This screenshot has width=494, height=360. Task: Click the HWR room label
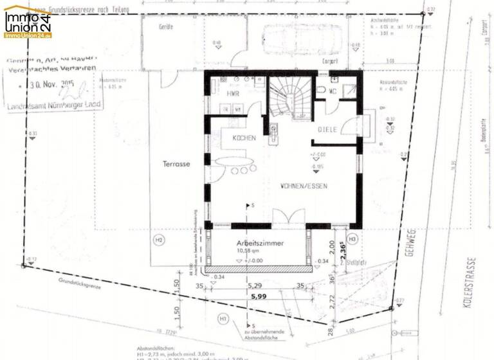(232, 94)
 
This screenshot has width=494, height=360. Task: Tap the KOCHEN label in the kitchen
(244, 138)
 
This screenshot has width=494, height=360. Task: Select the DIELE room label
(328, 129)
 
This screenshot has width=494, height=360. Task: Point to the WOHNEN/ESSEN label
(304, 185)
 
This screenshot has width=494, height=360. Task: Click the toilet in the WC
(321, 91)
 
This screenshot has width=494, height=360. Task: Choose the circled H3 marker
(351, 239)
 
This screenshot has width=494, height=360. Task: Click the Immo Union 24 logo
(28, 22)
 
